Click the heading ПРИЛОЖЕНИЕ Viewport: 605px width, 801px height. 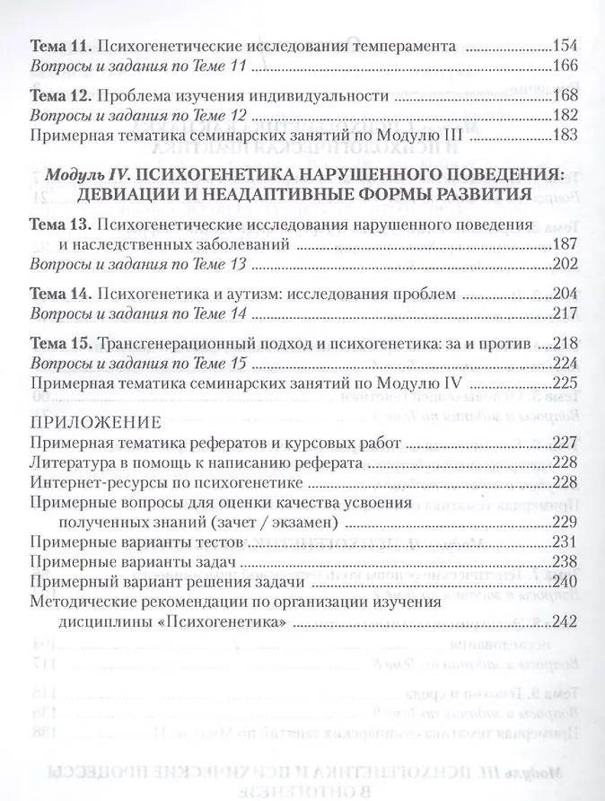96,421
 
